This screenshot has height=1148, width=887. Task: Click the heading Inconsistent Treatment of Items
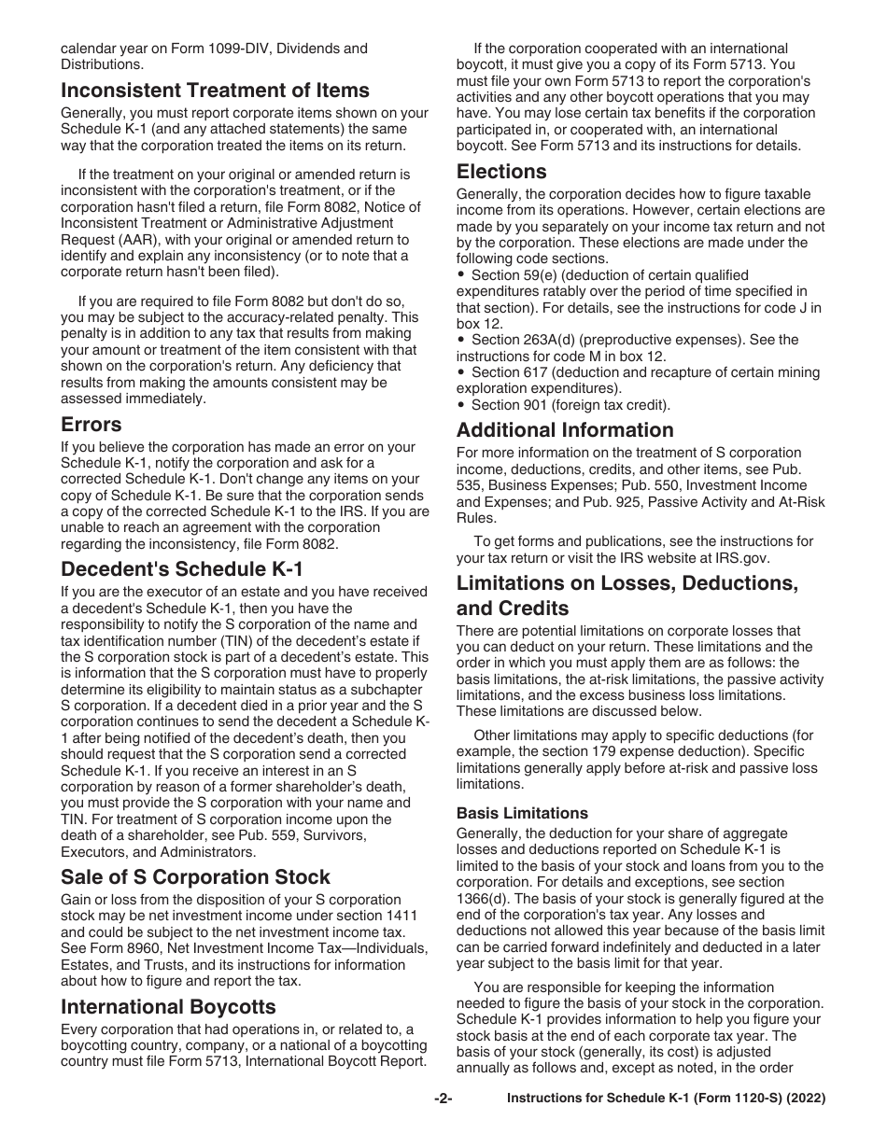pyautogui.click(x=215, y=91)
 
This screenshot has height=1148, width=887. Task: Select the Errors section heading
pyautogui.click(x=92, y=425)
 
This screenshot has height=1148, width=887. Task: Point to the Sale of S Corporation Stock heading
pyautogui.click(x=195, y=876)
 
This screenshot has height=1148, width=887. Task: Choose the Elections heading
pyautogui.click(x=501, y=172)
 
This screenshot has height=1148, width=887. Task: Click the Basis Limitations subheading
pyautogui.click(x=522, y=813)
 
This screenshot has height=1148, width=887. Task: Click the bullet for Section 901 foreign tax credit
pyautogui.click(x=461, y=405)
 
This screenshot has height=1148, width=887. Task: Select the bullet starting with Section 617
pyautogui.click(x=461, y=372)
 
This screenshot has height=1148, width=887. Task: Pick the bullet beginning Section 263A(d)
pyautogui.click(x=461, y=340)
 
